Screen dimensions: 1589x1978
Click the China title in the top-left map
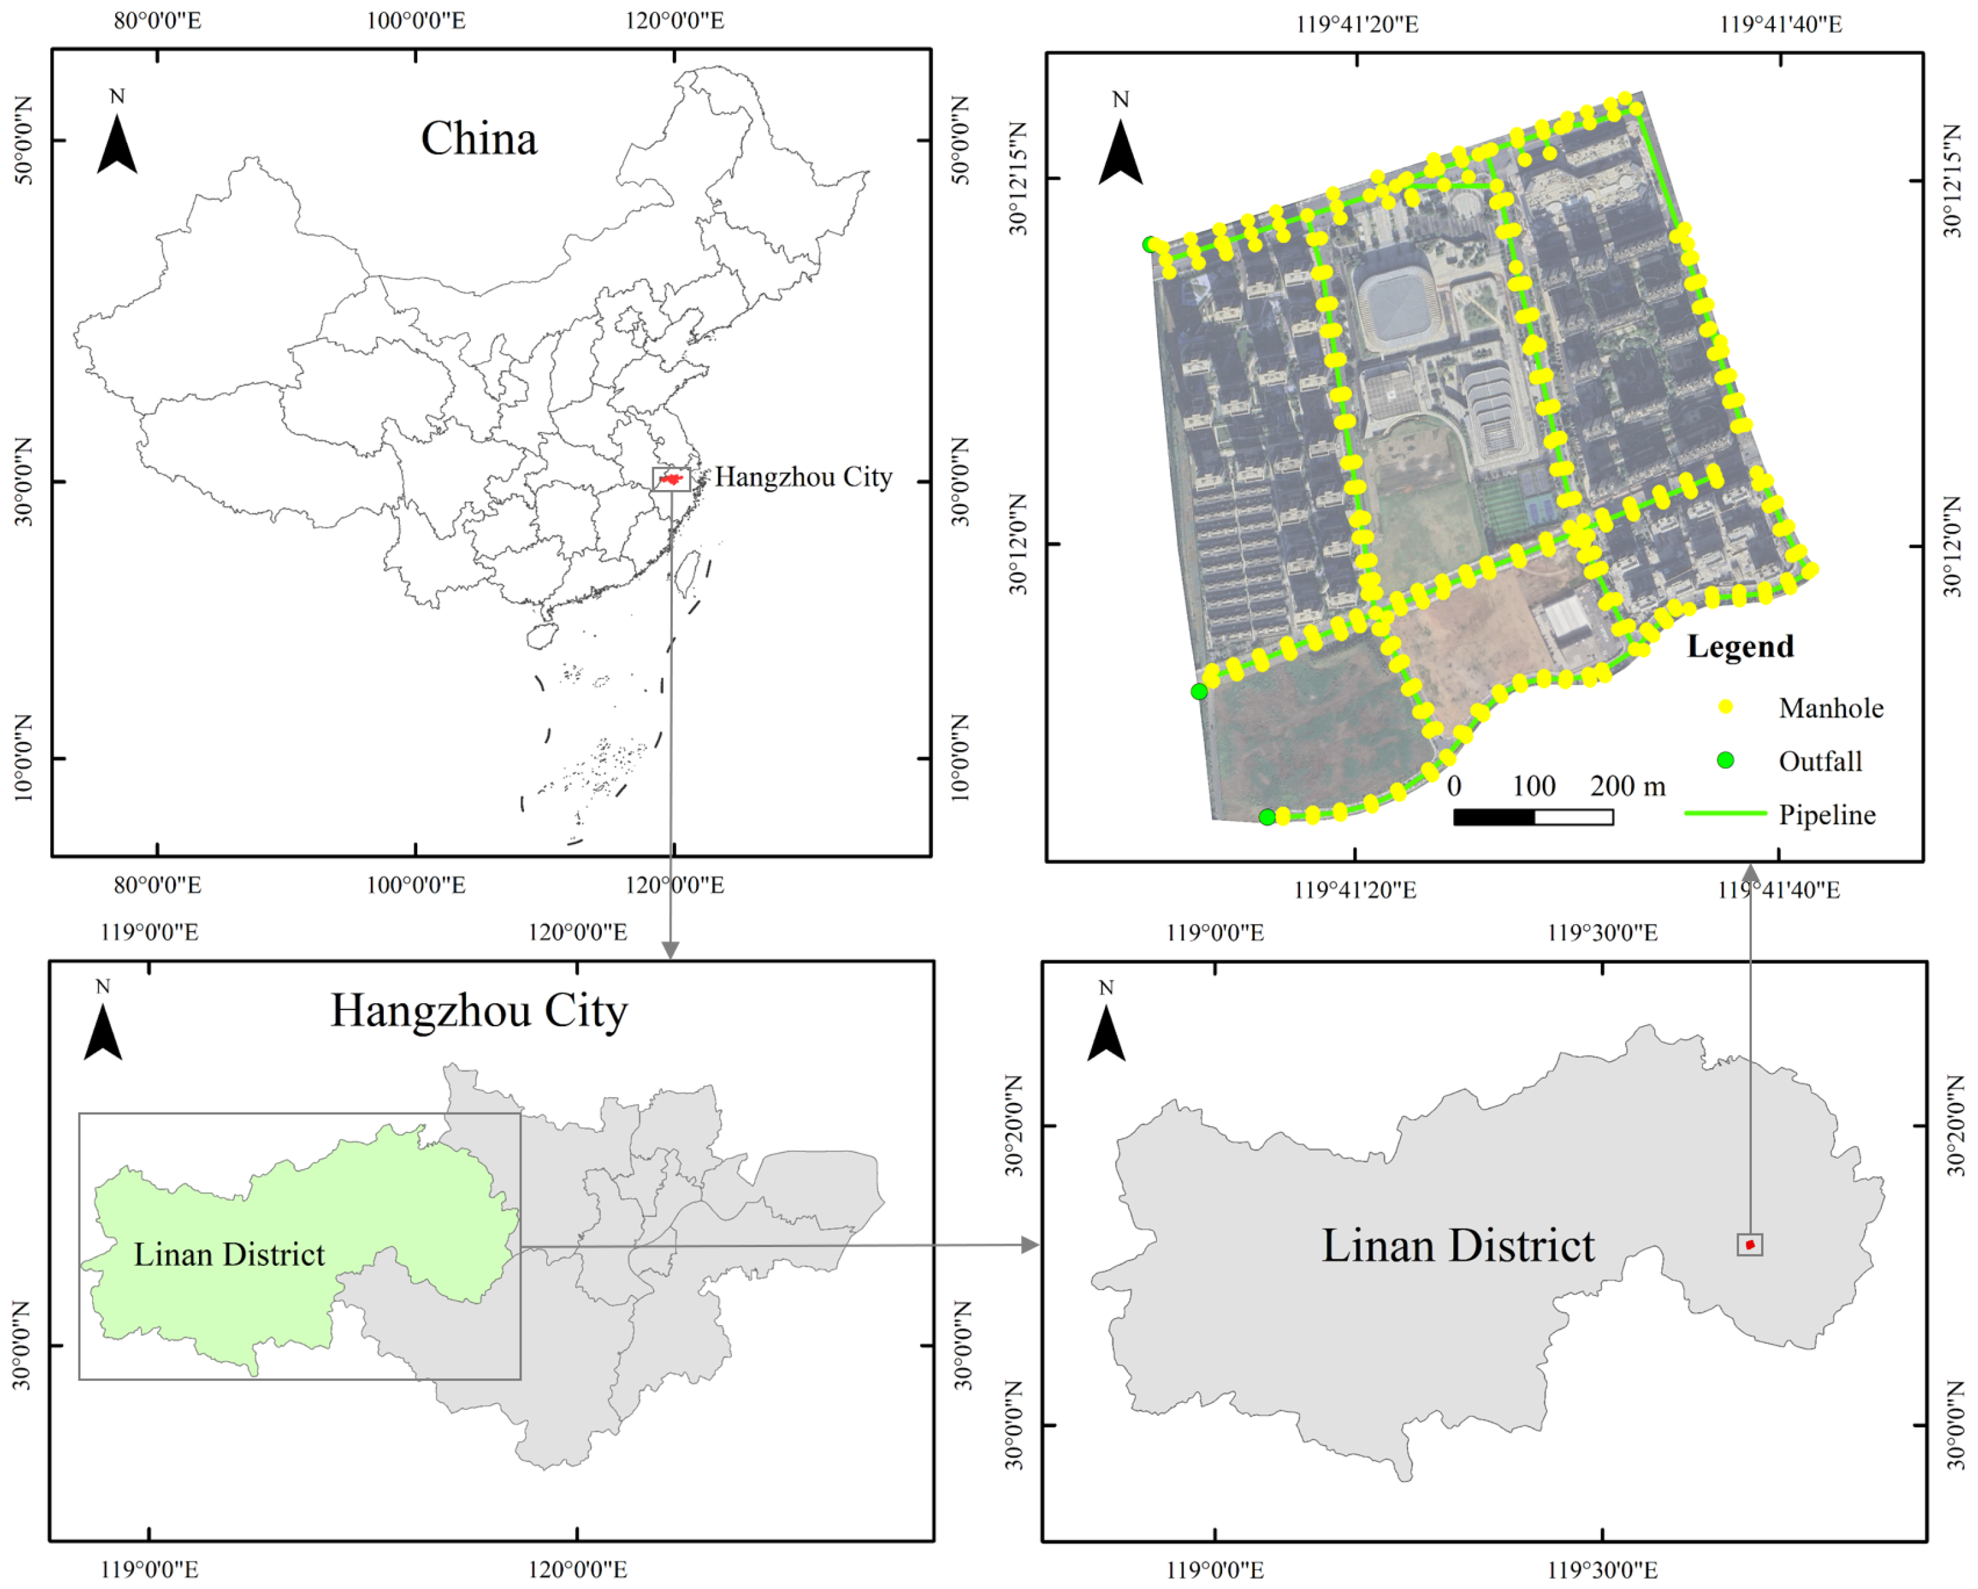(x=479, y=140)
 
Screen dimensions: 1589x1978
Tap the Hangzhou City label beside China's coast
(x=803, y=477)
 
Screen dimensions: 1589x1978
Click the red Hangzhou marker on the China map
(x=672, y=479)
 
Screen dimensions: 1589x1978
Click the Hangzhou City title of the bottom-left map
(x=479, y=1011)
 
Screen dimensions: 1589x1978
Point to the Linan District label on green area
(x=229, y=1254)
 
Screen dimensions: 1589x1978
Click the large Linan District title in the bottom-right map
(x=1458, y=1246)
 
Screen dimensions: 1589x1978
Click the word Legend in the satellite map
(x=1740, y=647)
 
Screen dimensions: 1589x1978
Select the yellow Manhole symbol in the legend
(x=1726, y=706)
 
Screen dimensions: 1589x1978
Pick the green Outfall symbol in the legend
(x=1726, y=760)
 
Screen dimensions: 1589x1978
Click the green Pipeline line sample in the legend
(x=1726, y=813)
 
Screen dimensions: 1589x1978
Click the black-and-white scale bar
(x=1533, y=816)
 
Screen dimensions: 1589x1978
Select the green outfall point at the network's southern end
(x=1267, y=816)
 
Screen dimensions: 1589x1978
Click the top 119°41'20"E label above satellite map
(x=1357, y=24)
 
